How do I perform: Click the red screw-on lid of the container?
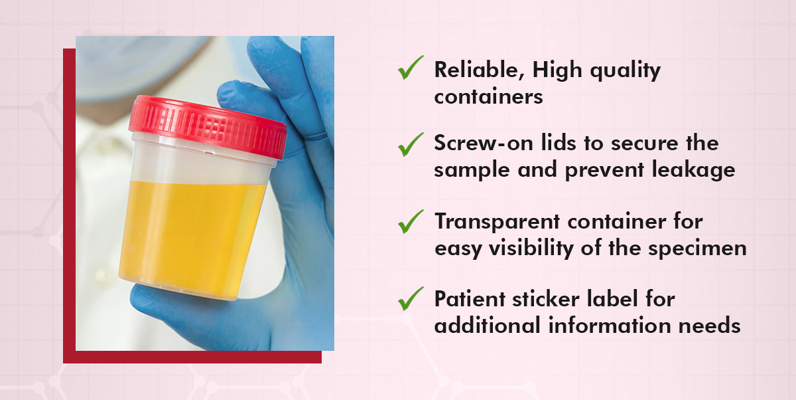point(208,126)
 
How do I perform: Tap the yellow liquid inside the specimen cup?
point(192,239)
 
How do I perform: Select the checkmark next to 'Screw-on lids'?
point(411,144)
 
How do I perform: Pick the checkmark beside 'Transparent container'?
point(411,222)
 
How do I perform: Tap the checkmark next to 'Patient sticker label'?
point(411,298)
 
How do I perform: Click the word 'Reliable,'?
point(480,70)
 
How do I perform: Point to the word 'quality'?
point(625,71)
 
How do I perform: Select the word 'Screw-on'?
point(484,143)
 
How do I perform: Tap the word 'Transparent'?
point(497,222)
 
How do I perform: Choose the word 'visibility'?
point(531,249)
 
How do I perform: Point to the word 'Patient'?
point(470,298)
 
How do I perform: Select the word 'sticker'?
point(546,298)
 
